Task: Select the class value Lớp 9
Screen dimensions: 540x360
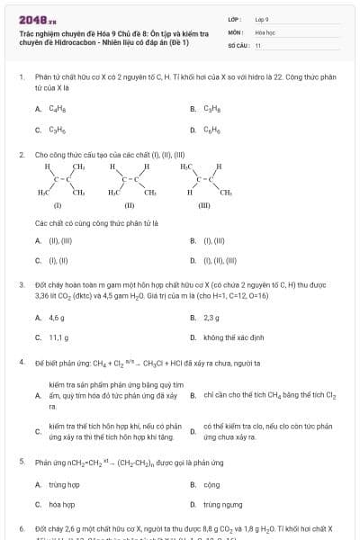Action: [x=262, y=18]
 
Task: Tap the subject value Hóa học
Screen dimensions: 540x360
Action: [x=265, y=31]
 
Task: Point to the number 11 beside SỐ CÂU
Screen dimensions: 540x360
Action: [x=258, y=44]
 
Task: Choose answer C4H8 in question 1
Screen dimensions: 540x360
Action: [x=55, y=109]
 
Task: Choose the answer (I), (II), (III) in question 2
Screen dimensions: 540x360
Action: [x=216, y=261]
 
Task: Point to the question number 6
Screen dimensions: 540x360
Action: [x=21, y=528]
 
